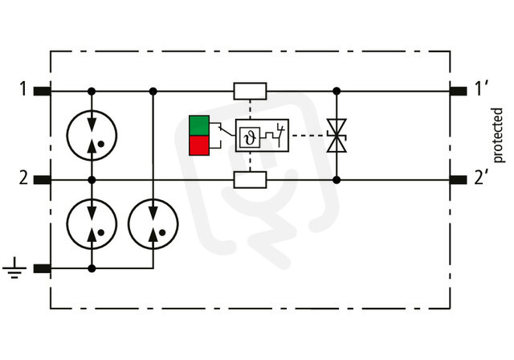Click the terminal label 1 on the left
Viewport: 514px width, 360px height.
[x=22, y=89]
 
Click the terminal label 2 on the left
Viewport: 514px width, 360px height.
[x=23, y=178]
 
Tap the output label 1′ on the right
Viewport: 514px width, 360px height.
[x=481, y=89]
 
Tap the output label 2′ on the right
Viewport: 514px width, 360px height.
[x=480, y=178]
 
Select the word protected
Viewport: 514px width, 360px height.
[x=497, y=135]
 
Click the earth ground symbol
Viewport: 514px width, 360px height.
[x=14, y=268]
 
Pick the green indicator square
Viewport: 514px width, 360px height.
[x=199, y=125]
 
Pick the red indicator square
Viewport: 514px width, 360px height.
[x=199, y=145]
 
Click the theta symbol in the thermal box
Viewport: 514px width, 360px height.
[x=250, y=137]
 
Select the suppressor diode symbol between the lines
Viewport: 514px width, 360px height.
[x=337, y=136]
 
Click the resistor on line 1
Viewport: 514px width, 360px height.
[x=250, y=91]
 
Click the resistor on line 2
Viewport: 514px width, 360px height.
[x=250, y=180]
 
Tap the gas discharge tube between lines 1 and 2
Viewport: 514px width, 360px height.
[x=92, y=136]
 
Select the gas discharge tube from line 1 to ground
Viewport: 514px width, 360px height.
[x=153, y=224]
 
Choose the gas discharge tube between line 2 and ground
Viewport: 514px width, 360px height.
[x=92, y=224]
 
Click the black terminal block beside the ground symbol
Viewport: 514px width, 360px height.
[x=43, y=268]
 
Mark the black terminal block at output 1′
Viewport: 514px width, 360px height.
[x=458, y=91]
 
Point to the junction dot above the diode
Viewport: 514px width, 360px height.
[x=337, y=91]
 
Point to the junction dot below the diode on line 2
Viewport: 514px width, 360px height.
[x=337, y=180]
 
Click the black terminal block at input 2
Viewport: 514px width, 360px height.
[x=43, y=180]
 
